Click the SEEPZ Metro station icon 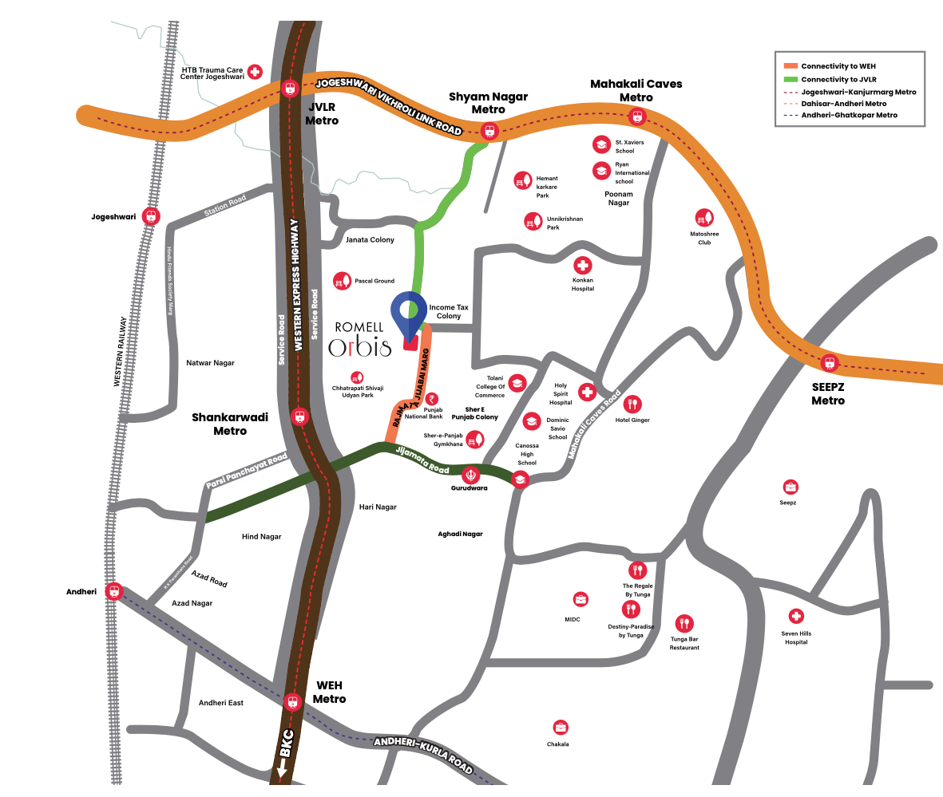pyautogui.click(x=830, y=364)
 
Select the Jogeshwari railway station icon pyautogui.click(x=150, y=216)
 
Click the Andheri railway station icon pyautogui.click(x=115, y=591)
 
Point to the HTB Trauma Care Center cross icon pyautogui.click(x=256, y=72)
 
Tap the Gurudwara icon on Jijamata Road pyautogui.click(x=471, y=474)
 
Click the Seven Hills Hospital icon pyautogui.click(x=795, y=617)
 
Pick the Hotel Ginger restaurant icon pyautogui.click(x=632, y=404)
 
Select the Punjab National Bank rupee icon pyautogui.click(x=432, y=400)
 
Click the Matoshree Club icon pyautogui.click(x=704, y=217)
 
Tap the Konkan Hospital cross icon pyautogui.click(x=583, y=265)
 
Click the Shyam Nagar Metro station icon pyautogui.click(x=489, y=131)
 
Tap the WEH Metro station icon pyautogui.click(x=293, y=702)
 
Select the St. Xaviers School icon pyautogui.click(x=600, y=144)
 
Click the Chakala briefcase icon pyautogui.click(x=561, y=728)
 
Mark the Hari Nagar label pyautogui.click(x=378, y=507)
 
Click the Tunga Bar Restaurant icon pyautogui.click(x=684, y=623)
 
